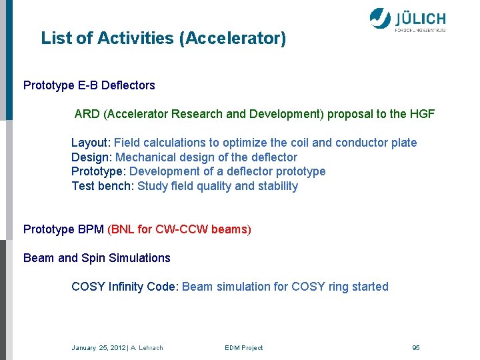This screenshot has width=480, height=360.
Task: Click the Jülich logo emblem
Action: click(380, 18)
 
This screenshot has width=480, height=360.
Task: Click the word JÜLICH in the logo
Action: click(420, 17)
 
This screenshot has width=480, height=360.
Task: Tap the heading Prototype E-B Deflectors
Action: click(89, 85)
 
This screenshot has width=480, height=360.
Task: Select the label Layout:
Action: click(91, 143)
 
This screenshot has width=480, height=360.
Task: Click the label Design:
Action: click(92, 157)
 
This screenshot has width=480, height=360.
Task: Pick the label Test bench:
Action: click(103, 186)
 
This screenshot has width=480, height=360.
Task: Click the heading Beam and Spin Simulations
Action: click(97, 258)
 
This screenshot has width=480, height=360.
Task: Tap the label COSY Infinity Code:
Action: click(125, 287)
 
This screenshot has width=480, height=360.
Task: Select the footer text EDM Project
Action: click(243, 348)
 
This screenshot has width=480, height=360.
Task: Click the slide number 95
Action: click(416, 348)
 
